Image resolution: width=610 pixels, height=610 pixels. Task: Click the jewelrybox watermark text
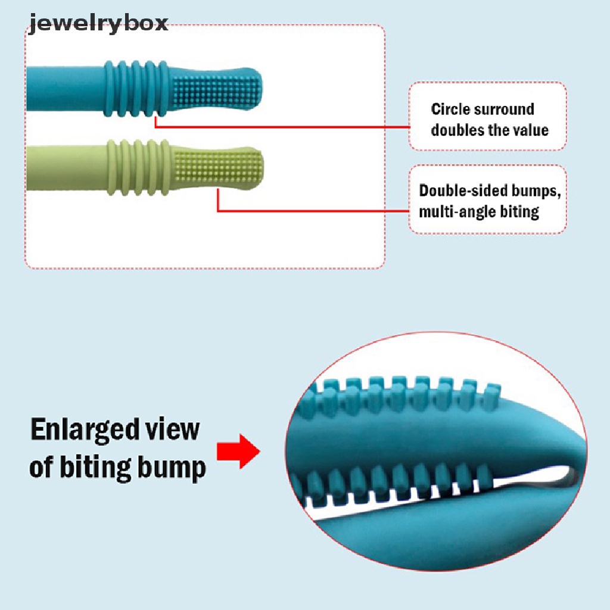pos(98,23)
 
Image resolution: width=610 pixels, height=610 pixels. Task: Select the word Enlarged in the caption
pos(85,431)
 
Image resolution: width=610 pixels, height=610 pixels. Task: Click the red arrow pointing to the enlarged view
pos(238,452)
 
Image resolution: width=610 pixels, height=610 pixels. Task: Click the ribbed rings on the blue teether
pos(135,89)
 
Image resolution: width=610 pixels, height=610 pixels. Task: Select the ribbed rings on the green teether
pos(138,167)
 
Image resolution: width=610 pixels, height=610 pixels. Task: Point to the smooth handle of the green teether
pos(67,168)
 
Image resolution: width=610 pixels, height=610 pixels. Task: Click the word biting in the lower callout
pos(519,212)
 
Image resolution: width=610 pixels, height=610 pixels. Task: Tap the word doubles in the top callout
pos(457,130)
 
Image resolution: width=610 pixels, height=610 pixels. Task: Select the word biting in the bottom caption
pos(95,468)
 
